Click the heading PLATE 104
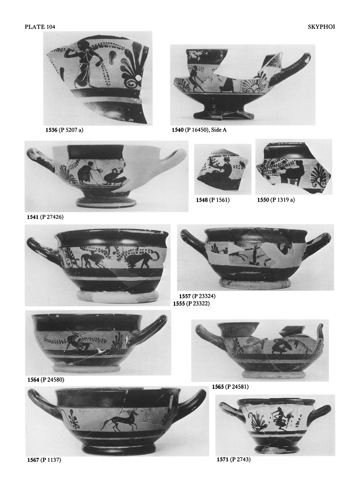pos(40,27)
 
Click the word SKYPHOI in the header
pos(321,27)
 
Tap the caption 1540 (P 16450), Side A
pos(199,130)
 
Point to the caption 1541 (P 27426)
pos(45,217)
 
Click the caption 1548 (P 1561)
pos(213,200)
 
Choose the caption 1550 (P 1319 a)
pos(276,200)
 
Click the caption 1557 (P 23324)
pos(197,296)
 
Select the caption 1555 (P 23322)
pos(191,303)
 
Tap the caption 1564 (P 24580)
pos(45,380)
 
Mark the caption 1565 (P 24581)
pos(230,387)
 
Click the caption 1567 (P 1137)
pos(44,460)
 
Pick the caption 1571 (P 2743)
pos(234,459)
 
